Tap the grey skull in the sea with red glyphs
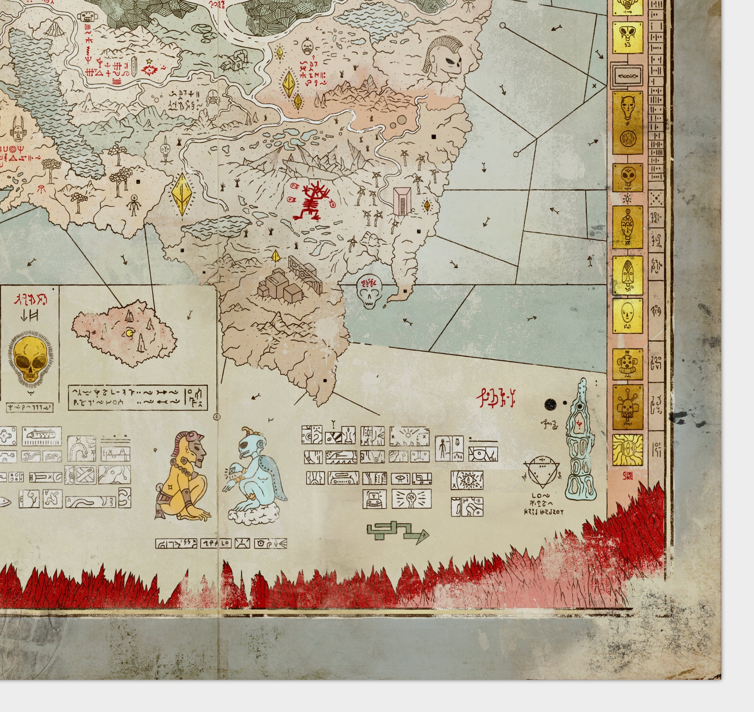pos(369,290)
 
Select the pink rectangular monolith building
pos(401,201)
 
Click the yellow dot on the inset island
pos(130,334)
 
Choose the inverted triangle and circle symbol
pos(541,471)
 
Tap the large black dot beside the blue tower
pos(550,405)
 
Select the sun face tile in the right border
pos(627,449)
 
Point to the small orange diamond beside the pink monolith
pos(427,205)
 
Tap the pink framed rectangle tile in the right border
pos(627,76)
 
